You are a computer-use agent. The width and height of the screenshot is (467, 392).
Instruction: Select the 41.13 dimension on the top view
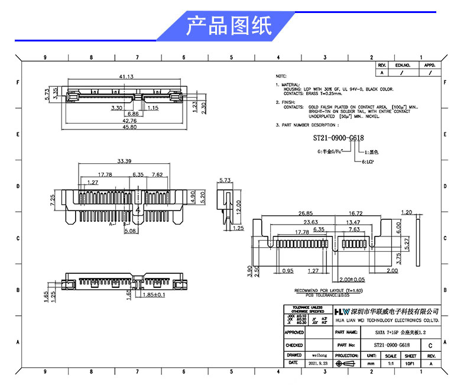pyautogui.click(x=126, y=77)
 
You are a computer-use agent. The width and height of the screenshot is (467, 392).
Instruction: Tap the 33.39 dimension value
pyautogui.click(x=124, y=161)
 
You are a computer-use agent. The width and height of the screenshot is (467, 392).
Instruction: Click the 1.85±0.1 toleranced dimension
pyautogui.click(x=153, y=294)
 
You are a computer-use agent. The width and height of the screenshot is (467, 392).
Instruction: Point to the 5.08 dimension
pyautogui.click(x=129, y=231)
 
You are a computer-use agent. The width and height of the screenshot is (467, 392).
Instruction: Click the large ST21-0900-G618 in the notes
pyautogui.click(x=338, y=138)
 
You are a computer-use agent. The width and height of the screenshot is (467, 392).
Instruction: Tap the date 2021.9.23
pyautogui.click(x=319, y=363)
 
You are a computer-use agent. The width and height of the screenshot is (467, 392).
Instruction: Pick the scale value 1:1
pyautogui.click(x=391, y=364)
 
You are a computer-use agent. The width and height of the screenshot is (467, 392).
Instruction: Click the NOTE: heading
pyautogui.click(x=281, y=77)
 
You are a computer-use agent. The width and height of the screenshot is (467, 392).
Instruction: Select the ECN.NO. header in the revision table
pyautogui.click(x=403, y=65)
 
